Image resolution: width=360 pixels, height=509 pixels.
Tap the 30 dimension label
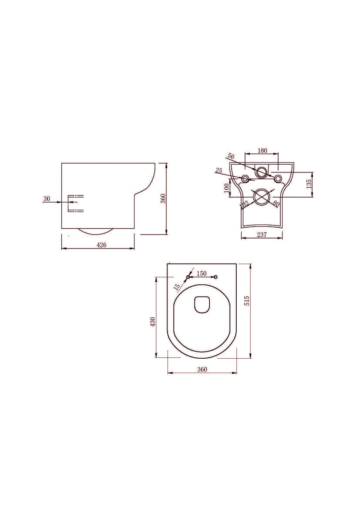pyautogui.click(x=47, y=198)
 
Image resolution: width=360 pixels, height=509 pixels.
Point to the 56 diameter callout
pyautogui.click(x=231, y=156)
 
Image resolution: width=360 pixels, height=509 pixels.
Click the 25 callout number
pyautogui.click(x=219, y=170)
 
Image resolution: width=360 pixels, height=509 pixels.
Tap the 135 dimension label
pyautogui.click(x=308, y=184)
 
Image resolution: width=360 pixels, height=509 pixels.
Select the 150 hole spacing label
pyautogui.click(x=202, y=273)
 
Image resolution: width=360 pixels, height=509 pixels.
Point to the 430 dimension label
pyautogui.click(x=153, y=322)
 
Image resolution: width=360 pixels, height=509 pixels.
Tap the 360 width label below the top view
pyautogui.click(x=202, y=369)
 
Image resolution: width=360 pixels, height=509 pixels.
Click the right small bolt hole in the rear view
pyautogui.click(x=278, y=179)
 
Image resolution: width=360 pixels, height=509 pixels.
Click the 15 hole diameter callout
pyautogui.click(x=177, y=286)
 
